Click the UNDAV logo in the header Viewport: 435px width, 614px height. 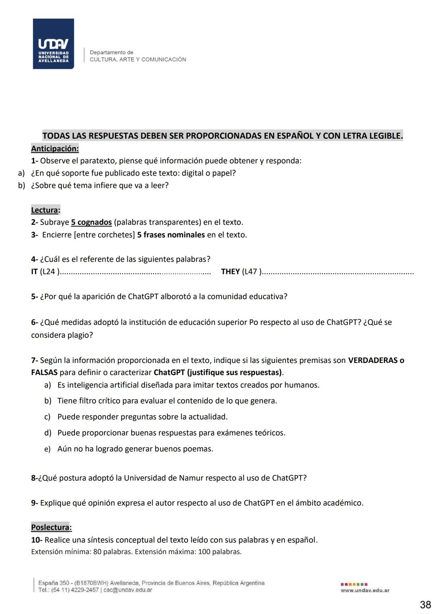pos(53,44)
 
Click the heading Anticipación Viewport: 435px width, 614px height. pos(55,148)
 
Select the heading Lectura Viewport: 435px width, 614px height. pos(45,210)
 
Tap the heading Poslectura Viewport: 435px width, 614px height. pos(51,527)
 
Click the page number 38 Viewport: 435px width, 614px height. pos(425,605)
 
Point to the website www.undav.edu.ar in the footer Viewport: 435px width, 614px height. pos(365,590)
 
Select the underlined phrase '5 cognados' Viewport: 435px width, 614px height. pos(91,223)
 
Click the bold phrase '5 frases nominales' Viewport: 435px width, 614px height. pos(171,235)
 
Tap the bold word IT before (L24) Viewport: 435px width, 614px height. pos(34,272)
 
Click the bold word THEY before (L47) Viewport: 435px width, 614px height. pos(230,272)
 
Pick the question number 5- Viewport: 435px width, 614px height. pos(34,297)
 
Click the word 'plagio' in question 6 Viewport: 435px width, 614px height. pos(80,335)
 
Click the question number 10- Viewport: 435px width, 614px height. pos(36,540)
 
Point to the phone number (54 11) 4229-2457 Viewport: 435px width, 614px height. pos(76,590)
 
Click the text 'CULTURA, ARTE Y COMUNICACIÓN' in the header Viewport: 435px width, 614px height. pos(138,60)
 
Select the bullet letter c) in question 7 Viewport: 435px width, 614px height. pos(48,417)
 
